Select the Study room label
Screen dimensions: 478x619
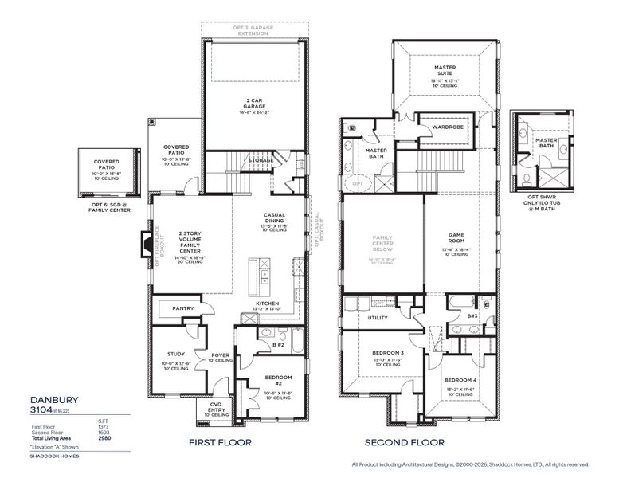coord(176,354)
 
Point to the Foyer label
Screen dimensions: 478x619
coord(220,355)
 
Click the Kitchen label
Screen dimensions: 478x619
coord(266,304)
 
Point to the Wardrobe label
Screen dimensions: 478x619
coord(442,127)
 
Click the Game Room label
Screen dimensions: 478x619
coord(456,237)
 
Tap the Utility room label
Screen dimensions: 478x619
coord(377,318)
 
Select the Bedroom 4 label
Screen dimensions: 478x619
coord(460,380)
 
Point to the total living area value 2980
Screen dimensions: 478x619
coord(104,438)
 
